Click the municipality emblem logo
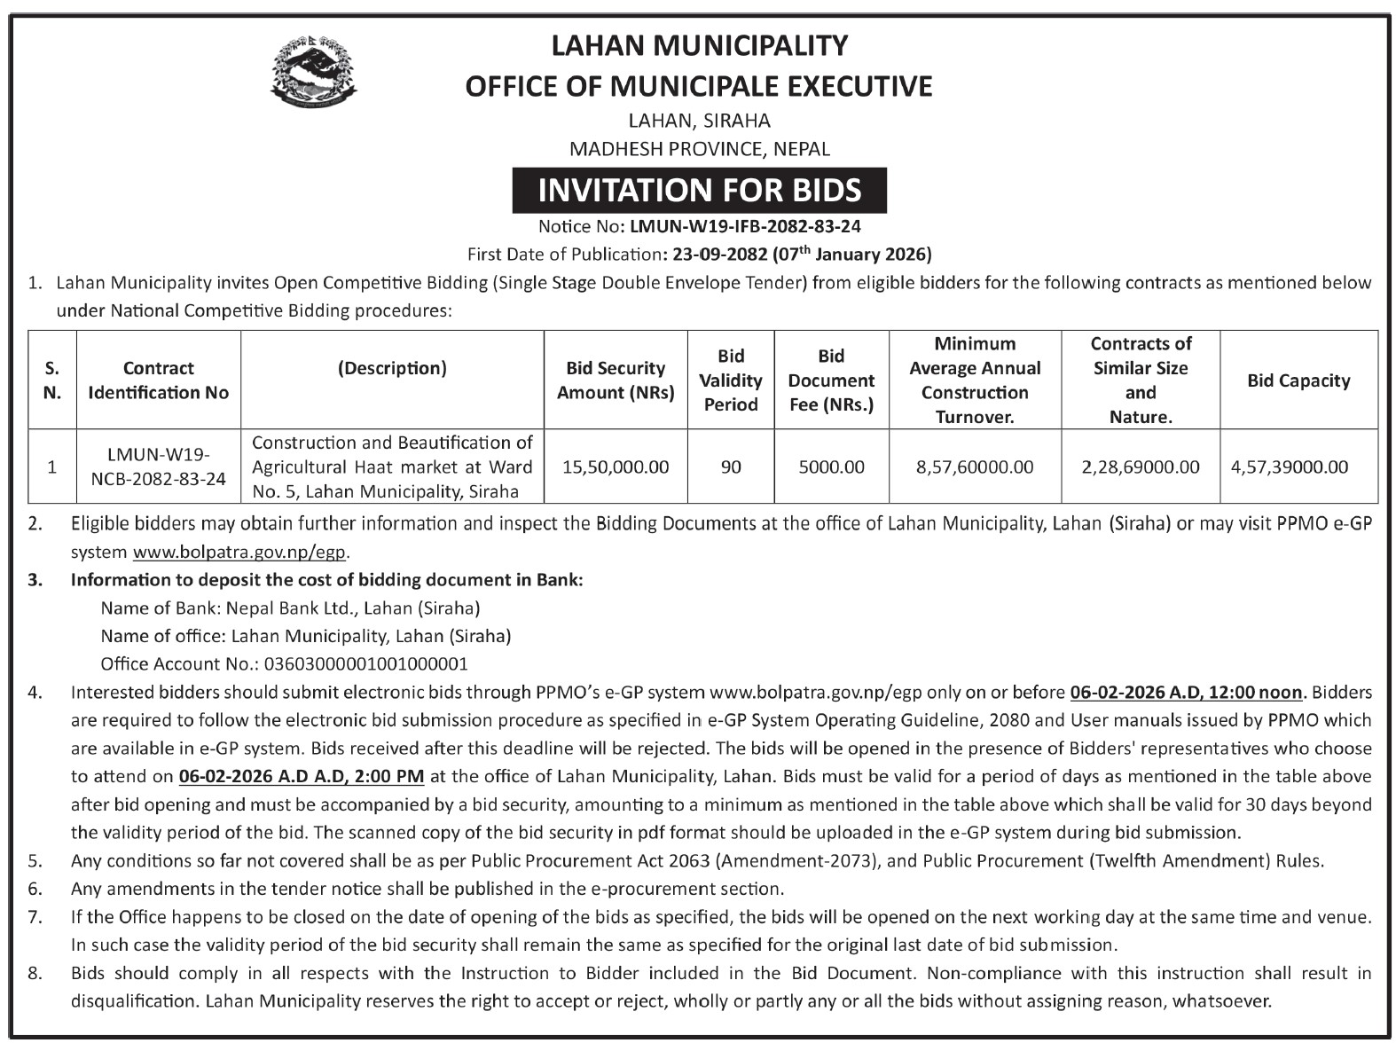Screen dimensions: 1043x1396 309,72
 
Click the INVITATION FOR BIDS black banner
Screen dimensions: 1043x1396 699,190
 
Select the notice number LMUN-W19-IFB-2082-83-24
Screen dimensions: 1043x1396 745,227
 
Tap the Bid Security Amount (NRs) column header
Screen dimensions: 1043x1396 616,380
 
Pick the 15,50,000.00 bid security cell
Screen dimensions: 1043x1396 616,467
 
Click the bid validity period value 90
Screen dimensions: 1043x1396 731,467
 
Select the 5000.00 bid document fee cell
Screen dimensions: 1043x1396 831,467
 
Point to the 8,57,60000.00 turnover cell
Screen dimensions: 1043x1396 974,467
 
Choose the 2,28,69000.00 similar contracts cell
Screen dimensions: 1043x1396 1140,467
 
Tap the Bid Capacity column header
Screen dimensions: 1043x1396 1298,380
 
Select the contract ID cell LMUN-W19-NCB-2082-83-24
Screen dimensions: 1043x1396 159,467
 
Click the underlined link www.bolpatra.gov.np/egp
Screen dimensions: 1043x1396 239,552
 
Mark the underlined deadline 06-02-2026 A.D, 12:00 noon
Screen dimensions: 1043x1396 1186,692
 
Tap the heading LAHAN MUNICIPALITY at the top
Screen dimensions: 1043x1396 699,45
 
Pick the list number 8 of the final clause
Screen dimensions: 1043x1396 35,973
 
